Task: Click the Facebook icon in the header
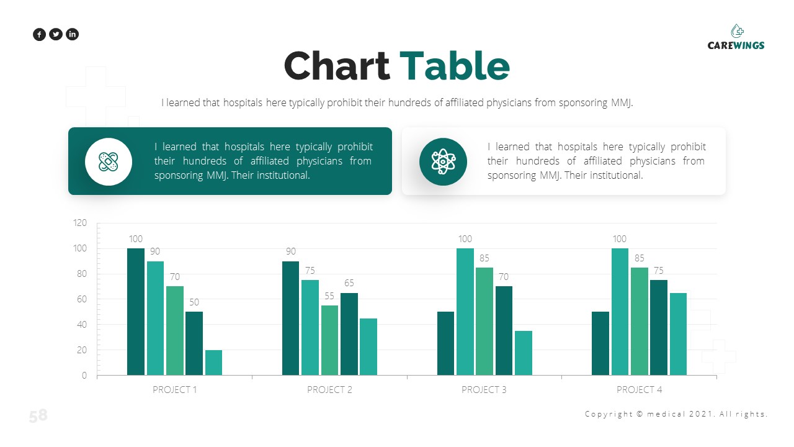click(x=39, y=35)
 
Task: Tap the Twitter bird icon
click(x=56, y=35)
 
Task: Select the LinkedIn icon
click(x=73, y=35)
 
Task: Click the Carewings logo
click(x=736, y=37)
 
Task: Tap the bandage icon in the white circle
click(x=109, y=162)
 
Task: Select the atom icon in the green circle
click(x=442, y=161)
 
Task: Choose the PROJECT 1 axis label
click(x=175, y=390)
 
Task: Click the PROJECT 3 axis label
click(x=484, y=390)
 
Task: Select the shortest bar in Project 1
click(x=213, y=363)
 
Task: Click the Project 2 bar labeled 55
click(x=329, y=340)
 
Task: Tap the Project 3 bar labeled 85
click(x=484, y=321)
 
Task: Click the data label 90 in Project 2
click(x=291, y=251)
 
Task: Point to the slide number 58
click(x=38, y=416)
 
